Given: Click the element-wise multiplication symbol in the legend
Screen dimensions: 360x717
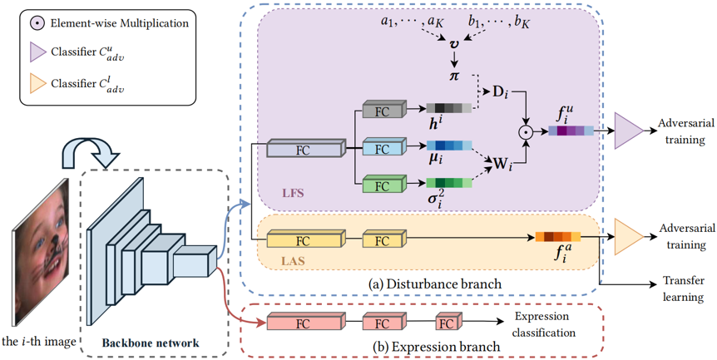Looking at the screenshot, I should pyautogui.click(x=37, y=23).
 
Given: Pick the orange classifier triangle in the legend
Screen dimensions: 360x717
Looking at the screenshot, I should pyautogui.click(x=37, y=83).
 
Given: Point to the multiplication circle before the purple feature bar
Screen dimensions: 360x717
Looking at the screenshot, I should pyautogui.click(x=526, y=131).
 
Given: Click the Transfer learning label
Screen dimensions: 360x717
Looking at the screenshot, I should pyautogui.click(x=683, y=288).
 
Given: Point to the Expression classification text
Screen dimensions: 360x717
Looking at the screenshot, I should pyautogui.click(x=545, y=325).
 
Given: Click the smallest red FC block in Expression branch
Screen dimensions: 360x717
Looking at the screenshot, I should pyautogui.click(x=447, y=323).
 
